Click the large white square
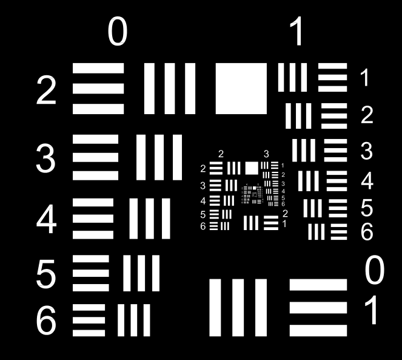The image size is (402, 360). [241, 89]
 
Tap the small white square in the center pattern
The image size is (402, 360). [251, 168]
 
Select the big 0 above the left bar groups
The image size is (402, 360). [118, 33]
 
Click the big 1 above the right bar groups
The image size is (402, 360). [297, 33]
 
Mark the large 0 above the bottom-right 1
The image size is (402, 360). [374, 271]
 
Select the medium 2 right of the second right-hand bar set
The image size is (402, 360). [366, 115]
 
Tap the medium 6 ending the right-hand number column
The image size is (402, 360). [366, 231]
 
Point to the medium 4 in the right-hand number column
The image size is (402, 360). [366, 181]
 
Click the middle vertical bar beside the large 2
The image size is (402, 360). [170, 89]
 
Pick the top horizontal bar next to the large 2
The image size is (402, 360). [98, 69]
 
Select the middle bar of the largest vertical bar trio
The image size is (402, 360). [238, 308]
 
